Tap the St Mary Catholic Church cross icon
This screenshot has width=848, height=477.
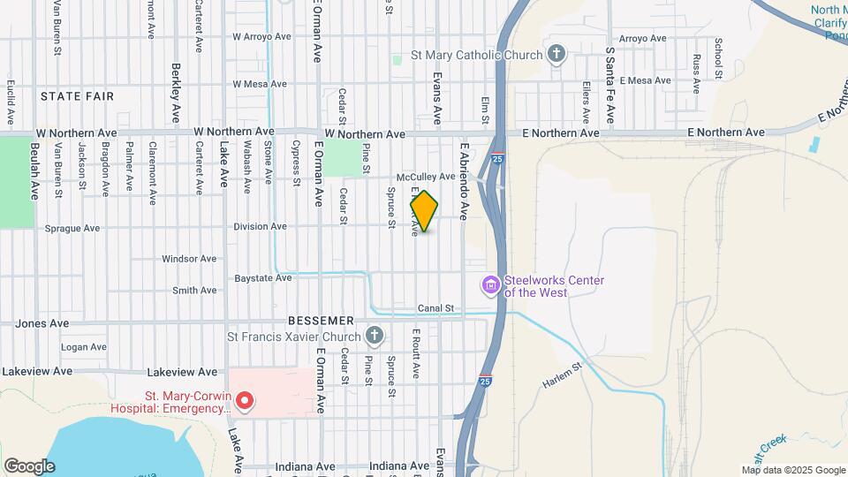click(x=556, y=55)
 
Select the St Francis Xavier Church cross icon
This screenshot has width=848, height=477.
click(x=375, y=336)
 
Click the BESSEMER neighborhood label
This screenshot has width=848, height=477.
click(x=321, y=320)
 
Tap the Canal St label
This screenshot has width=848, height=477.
click(x=435, y=308)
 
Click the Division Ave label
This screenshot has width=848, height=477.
click(x=260, y=226)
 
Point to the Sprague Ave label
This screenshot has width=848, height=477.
click(x=72, y=228)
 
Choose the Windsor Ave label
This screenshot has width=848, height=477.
click(x=189, y=259)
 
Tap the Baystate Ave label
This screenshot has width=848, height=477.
click(x=263, y=277)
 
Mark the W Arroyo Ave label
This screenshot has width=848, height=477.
click(x=261, y=37)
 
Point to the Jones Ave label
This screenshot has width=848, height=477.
click(x=42, y=323)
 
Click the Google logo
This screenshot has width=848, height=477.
click(x=29, y=466)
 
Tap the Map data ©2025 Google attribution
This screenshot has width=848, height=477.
click(x=792, y=470)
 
